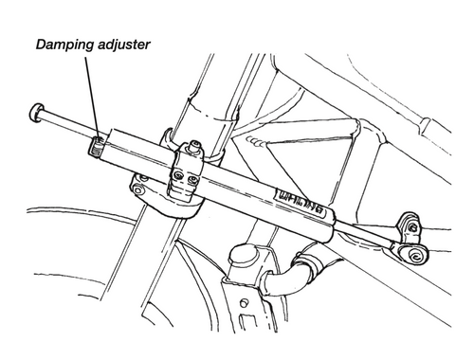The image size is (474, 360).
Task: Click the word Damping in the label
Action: tap(65, 44)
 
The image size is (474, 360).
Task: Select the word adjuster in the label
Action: tap(128, 44)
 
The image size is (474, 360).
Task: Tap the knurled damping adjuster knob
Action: tap(97, 145)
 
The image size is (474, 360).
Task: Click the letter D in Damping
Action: tap(41, 44)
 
